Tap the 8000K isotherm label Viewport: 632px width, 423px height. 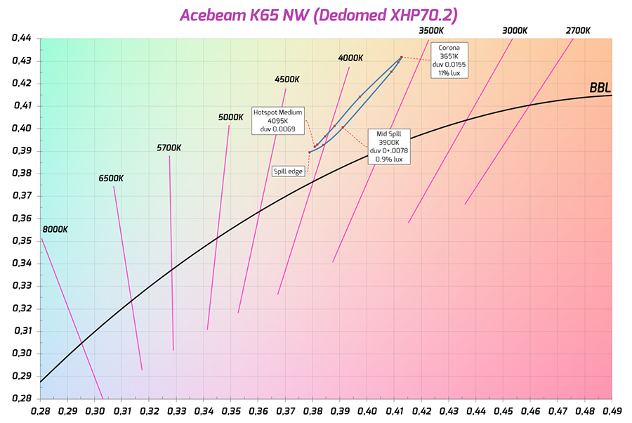[x=55, y=229]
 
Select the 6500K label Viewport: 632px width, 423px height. [x=111, y=178]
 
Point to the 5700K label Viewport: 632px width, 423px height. [x=169, y=148]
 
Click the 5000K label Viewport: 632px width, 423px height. [x=230, y=117]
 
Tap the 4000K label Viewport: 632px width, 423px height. [x=350, y=58]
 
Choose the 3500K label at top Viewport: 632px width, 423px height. [x=430, y=31]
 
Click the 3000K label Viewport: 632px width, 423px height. [x=515, y=31]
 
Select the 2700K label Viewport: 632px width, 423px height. [x=577, y=31]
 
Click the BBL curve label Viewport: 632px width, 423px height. [x=600, y=88]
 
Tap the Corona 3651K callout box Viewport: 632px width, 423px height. [x=449, y=60]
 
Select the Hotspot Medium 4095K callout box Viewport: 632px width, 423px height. [x=277, y=121]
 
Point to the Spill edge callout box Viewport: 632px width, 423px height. [x=289, y=170]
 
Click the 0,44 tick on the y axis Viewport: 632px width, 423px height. [x=22, y=38]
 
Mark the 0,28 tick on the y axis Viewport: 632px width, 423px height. [x=22, y=398]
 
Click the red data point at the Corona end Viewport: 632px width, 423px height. [x=401, y=57]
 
